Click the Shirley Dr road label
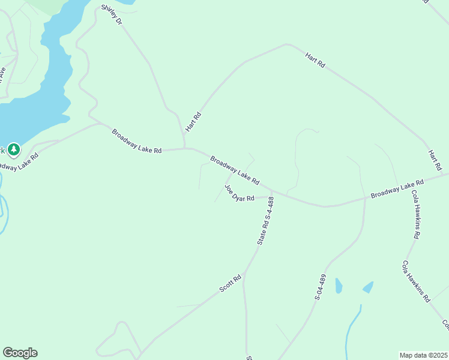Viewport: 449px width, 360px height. (x=112, y=14)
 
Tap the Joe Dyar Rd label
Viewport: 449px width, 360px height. (x=240, y=193)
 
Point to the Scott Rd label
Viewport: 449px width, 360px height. (x=230, y=283)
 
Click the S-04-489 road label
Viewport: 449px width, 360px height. (x=322, y=287)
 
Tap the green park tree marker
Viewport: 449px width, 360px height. (x=13, y=148)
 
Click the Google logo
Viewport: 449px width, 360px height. (x=20, y=353)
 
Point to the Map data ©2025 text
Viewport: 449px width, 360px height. (x=423, y=355)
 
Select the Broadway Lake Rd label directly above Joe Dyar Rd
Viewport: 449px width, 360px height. (x=235, y=170)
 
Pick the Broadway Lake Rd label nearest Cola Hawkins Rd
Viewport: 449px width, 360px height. (x=397, y=188)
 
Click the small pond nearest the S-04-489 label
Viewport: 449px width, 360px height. (x=339, y=286)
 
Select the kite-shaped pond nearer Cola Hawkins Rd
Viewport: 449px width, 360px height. (x=368, y=287)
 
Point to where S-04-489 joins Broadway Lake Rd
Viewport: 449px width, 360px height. (x=365, y=197)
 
